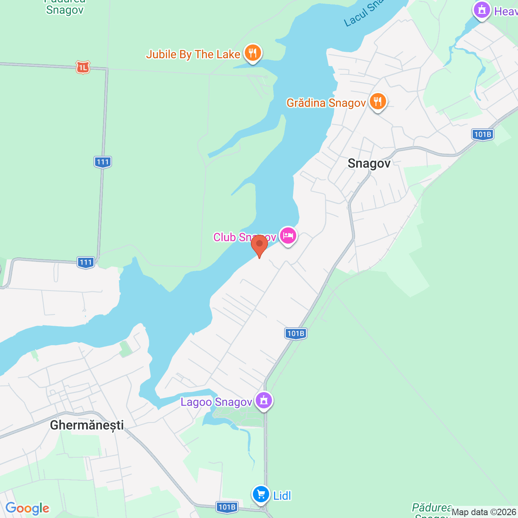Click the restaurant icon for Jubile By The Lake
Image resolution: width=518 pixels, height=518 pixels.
pos(253,53)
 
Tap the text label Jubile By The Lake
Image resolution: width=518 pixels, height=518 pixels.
pos(193,54)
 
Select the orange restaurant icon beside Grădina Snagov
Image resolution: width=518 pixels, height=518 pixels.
pos(378,101)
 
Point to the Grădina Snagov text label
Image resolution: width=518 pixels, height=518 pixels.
pos(326,103)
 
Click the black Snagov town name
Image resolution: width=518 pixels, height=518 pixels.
pos(369,163)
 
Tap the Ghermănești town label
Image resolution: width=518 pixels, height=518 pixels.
pos(87,425)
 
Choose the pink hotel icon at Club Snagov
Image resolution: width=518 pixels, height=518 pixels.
pos(288,235)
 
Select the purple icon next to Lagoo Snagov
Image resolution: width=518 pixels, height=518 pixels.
pos(264,400)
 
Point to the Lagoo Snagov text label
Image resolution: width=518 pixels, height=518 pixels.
pos(216,402)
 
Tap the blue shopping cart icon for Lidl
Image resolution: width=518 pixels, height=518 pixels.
pos(261,494)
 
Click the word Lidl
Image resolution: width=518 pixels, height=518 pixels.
pos(282,496)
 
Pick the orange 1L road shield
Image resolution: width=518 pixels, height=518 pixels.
pos(83,67)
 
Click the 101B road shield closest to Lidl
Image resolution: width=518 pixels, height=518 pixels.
pos(227,507)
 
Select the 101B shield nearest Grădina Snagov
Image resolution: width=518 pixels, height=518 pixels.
pos(482,134)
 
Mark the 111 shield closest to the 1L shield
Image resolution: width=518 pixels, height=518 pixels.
pos(103,162)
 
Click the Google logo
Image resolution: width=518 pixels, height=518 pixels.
pos(28,508)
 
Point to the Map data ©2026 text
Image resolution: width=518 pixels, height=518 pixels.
pos(484,512)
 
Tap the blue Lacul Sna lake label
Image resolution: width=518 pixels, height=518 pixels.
pos(363,13)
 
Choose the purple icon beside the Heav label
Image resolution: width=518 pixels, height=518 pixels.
pos(482,10)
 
